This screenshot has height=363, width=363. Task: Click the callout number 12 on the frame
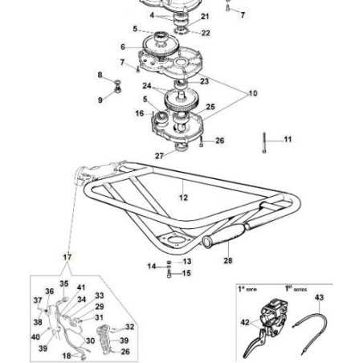click(182, 197)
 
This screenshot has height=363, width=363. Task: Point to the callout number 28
click(228, 260)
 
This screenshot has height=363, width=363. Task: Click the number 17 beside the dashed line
click(67, 257)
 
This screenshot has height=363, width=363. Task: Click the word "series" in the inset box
click(302, 288)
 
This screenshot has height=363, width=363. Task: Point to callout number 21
click(205, 16)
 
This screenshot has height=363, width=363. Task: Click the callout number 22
click(206, 33)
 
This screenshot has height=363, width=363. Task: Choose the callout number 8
click(100, 75)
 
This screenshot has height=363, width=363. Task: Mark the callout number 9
click(100, 100)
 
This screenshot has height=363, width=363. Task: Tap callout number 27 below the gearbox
click(159, 156)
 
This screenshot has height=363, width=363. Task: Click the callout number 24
click(147, 86)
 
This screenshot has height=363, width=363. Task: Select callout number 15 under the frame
click(187, 274)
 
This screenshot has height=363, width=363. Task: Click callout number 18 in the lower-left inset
click(67, 355)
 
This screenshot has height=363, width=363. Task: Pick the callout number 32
click(130, 327)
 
